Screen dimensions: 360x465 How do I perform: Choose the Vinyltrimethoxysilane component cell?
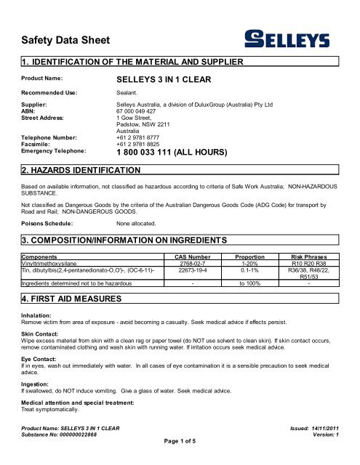55,264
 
